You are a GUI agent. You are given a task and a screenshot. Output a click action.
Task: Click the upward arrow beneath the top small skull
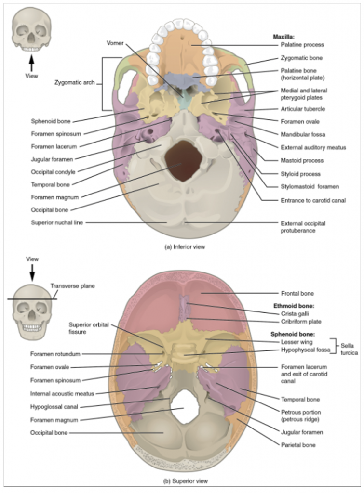[32, 63]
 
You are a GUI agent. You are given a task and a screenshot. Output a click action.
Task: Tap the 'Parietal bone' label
[298, 445]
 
